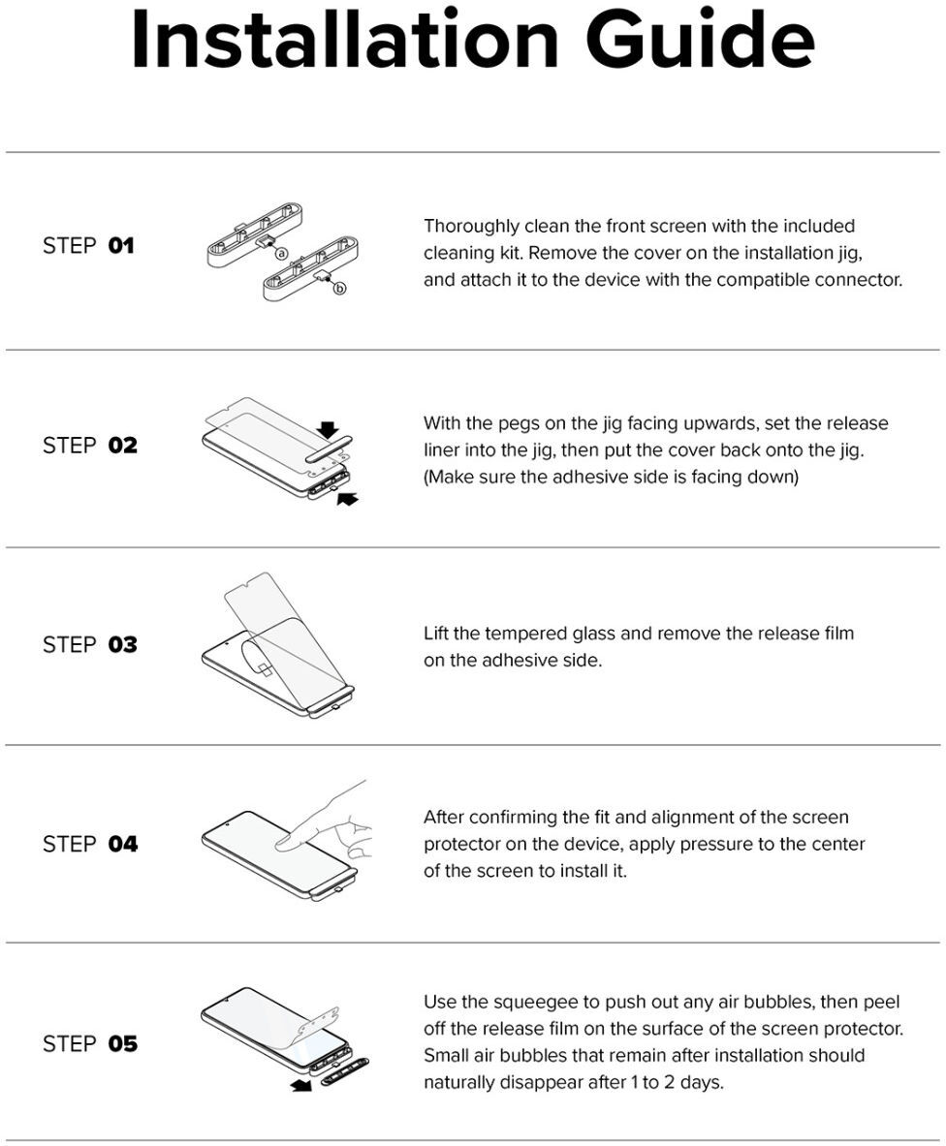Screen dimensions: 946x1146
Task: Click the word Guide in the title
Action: click(x=700, y=40)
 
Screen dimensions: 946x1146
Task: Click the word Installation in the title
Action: click(x=345, y=40)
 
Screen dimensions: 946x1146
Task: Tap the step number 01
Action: click(x=121, y=246)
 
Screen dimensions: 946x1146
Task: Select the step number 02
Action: click(x=123, y=445)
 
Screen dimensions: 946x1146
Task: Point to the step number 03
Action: click(x=123, y=644)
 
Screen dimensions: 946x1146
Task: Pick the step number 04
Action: click(x=123, y=844)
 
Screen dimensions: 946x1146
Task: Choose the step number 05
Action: click(x=123, y=1043)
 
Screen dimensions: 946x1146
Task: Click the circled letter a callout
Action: click(x=281, y=254)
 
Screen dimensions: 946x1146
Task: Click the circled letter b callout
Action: click(x=339, y=288)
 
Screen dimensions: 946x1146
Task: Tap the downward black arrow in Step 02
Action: click(x=329, y=430)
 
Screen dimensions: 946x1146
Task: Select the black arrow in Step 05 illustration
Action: click(x=300, y=1086)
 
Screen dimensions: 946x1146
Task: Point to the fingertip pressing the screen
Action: click(x=285, y=843)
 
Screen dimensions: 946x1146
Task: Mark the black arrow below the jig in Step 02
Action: click(x=348, y=499)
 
